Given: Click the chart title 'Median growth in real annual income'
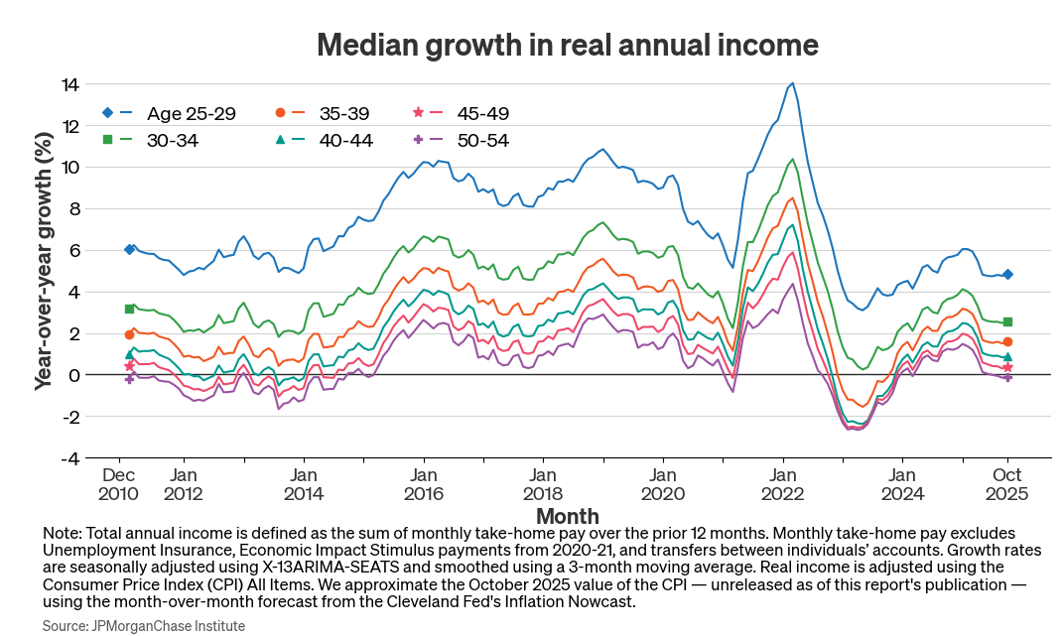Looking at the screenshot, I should coord(567,45).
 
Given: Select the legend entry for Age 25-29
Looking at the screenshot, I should coord(170,113).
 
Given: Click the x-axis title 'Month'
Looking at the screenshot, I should coord(567,516).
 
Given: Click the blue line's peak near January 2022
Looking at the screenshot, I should coord(791,83).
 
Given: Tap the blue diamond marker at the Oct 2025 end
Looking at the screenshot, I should coord(1007,275).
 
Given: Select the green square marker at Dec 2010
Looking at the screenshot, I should coord(129,310).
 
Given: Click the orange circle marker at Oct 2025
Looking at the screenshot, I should coord(1007,342).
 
